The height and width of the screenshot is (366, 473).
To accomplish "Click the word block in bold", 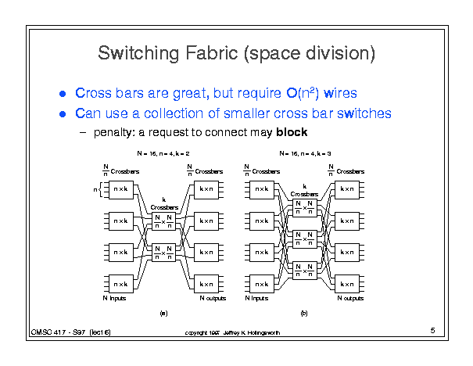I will [292, 132].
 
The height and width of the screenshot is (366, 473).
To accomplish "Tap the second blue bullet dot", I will [63, 114].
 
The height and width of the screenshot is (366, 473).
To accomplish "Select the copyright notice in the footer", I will [232, 332].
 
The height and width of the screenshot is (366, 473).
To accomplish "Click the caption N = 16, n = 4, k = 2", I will [163, 154].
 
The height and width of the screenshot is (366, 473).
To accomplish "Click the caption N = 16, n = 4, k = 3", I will [305, 154].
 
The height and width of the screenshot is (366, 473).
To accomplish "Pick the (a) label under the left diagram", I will [163, 313].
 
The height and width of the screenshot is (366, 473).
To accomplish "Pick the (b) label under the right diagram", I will [304, 313].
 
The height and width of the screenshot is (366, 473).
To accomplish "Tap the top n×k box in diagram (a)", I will [120, 188].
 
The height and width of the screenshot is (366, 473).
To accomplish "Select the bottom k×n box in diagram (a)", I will [206, 284].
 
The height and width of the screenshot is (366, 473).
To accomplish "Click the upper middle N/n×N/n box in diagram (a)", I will [163, 222].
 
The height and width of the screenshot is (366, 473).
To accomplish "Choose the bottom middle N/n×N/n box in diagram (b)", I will [304, 268].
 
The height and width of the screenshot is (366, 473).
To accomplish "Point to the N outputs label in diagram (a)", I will [212, 298].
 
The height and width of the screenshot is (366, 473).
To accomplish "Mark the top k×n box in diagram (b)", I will [346, 188].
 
